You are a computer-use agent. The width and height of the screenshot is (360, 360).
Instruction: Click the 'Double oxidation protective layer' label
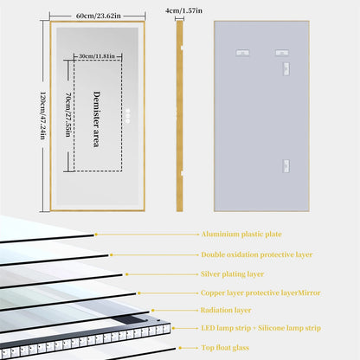coord(255,254)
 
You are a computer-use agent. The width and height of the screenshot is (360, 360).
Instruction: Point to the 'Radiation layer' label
coord(228,310)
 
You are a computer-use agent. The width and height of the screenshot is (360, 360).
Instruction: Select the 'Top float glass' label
coord(227,349)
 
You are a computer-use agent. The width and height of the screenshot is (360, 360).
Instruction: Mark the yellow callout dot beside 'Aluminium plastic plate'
coord(94,235)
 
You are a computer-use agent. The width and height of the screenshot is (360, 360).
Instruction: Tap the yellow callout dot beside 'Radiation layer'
coord(153,310)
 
